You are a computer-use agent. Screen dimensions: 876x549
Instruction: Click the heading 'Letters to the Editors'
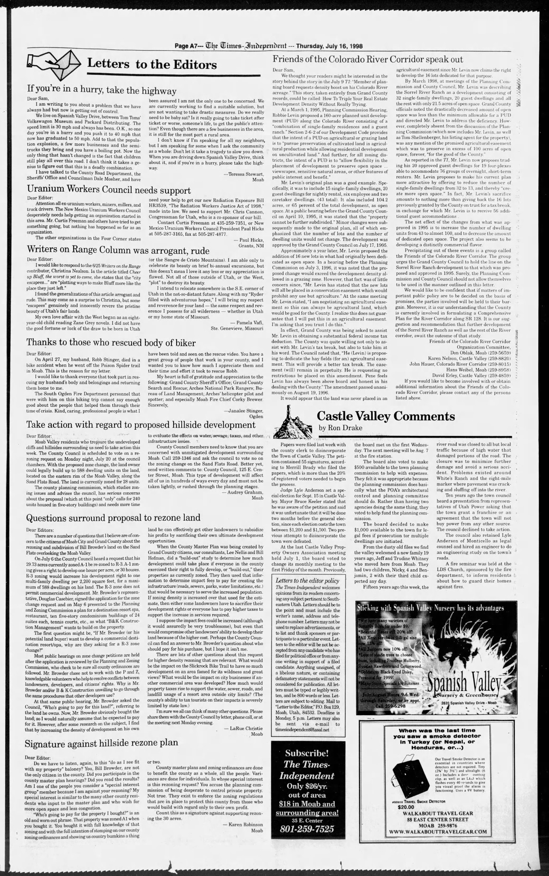click(151, 65)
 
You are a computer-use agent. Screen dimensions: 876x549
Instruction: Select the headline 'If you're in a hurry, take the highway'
click(102, 90)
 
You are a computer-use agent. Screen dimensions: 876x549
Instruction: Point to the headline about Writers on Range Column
click(118, 250)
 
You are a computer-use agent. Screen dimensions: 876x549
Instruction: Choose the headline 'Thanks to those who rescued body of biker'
click(111, 343)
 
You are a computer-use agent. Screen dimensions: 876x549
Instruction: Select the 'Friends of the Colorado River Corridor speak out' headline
click(368, 59)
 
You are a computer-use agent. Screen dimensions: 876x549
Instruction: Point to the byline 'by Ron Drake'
click(340, 428)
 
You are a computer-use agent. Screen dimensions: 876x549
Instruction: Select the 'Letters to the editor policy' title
click(307, 580)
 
